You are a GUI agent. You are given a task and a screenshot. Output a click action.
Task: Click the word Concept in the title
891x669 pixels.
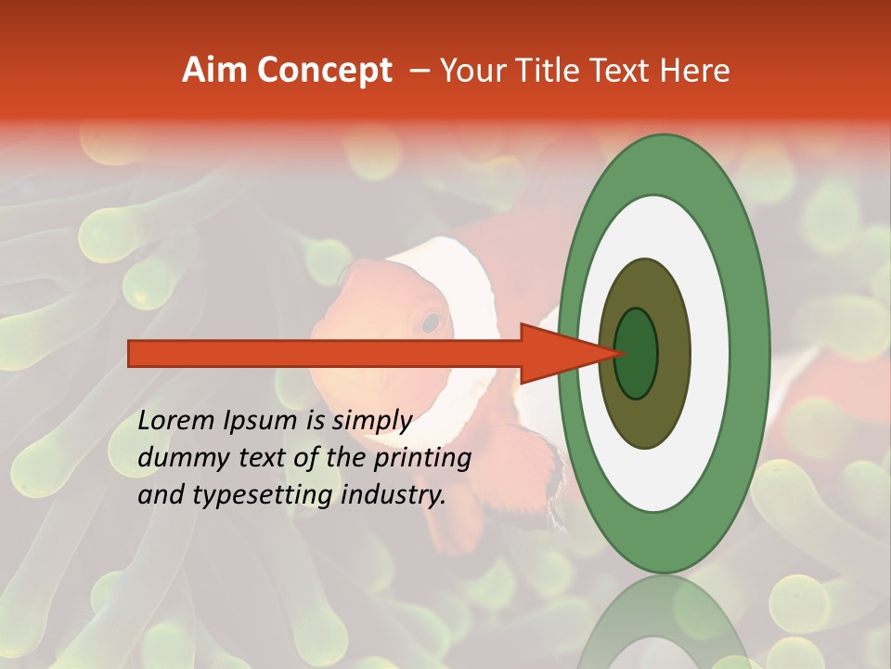pyautogui.click(x=324, y=71)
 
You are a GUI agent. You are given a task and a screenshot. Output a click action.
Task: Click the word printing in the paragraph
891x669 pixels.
pyautogui.click(x=420, y=458)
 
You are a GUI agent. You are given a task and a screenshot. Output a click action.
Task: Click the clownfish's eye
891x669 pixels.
pyautogui.click(x=430, y=322)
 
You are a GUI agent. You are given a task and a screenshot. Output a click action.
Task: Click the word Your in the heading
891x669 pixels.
pyautogui.click(x=471, y=71)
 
